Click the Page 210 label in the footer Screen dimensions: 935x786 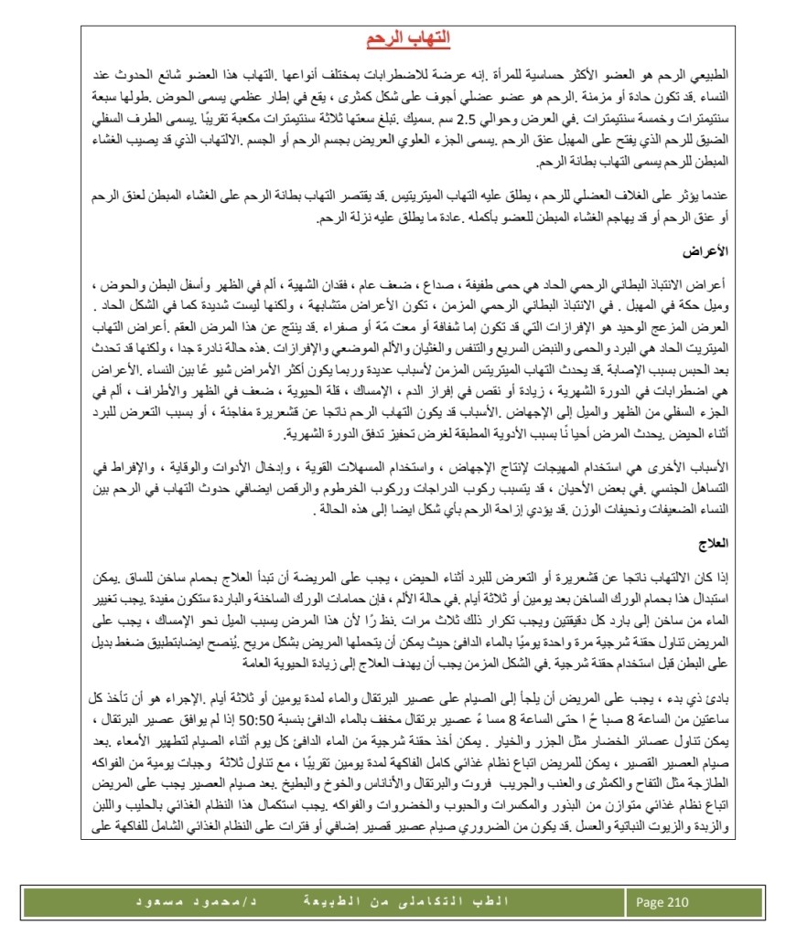[x=662, y=902]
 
